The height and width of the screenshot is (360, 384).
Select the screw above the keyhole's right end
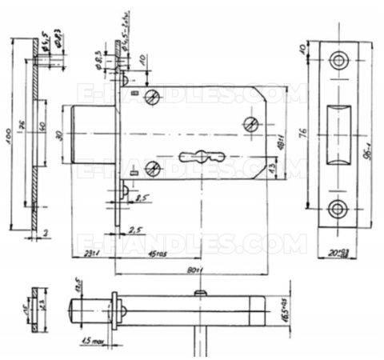click(x=251, y=123)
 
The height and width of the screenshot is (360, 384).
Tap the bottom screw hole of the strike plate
click(x=339, y=209)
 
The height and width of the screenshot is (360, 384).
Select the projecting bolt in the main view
click(x=95, y=133)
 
